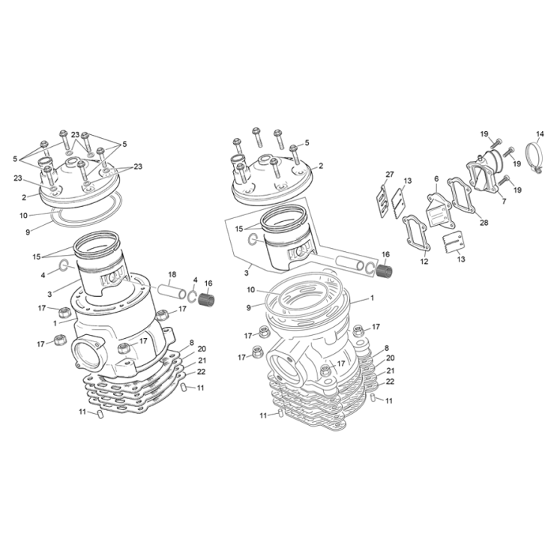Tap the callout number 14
tap(540, 135)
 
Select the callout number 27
tap(389, 175)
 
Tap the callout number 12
tap(424, 261)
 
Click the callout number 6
tap(436, 179)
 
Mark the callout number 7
tap(504, 201)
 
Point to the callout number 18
tap(172, 274)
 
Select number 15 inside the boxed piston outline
tap(238, 229)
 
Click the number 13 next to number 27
tap(407, 181)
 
